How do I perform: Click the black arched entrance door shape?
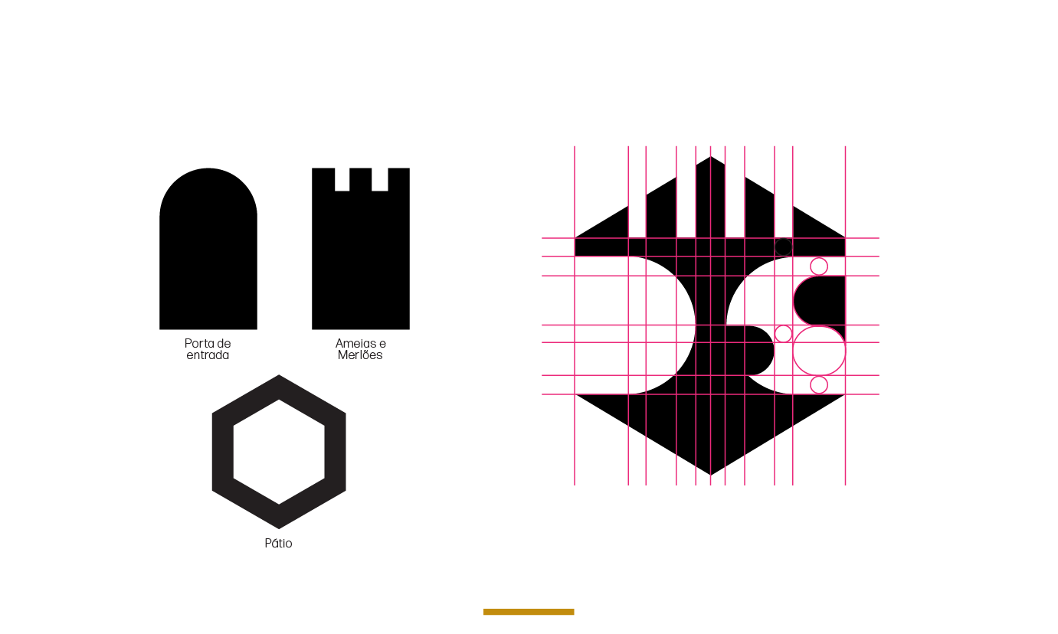(208, 253)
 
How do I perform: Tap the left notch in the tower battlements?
(342, 179)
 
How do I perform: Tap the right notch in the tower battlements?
(379, 179)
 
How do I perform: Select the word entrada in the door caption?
(208, 355)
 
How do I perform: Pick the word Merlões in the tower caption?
(360, 355)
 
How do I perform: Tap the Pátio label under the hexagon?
(278, 544)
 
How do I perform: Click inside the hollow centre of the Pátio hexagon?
(279, 452)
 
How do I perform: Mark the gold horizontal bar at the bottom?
(529, 612)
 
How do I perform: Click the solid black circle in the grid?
(783, 247)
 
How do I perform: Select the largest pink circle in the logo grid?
(819, 351)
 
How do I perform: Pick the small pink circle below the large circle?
(819, 384)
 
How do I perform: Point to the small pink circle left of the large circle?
(784, 334)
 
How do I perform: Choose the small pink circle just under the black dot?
(819, 266)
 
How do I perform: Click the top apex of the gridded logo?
(710, 158)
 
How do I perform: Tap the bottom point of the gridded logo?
(710, 474)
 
